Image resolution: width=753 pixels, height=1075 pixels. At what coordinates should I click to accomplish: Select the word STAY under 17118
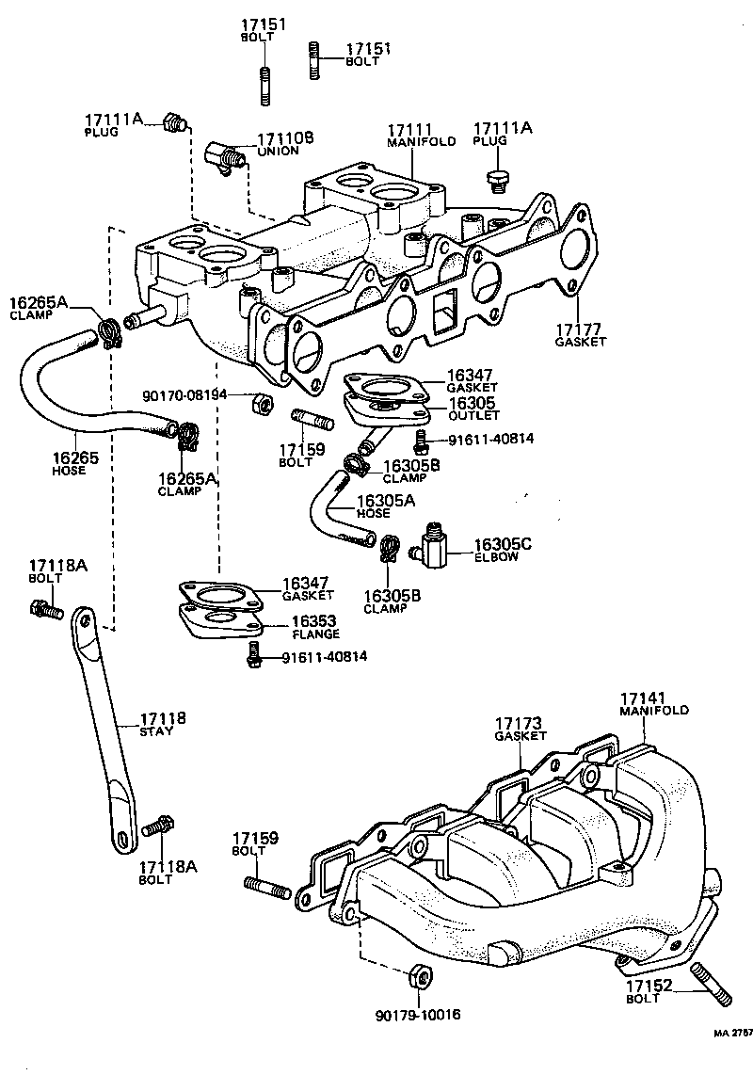tap(156, 731)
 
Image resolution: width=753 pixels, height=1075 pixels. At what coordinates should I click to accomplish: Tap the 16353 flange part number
tap(314, 621)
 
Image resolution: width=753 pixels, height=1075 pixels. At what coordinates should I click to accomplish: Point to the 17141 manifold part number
tap(643, 698)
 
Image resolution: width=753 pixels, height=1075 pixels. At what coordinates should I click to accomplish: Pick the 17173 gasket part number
tap(521, 722)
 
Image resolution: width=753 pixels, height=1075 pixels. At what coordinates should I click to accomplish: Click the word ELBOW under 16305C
tap(496, 557)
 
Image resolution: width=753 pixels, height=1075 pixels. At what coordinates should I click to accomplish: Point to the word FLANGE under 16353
tap(314, 634)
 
